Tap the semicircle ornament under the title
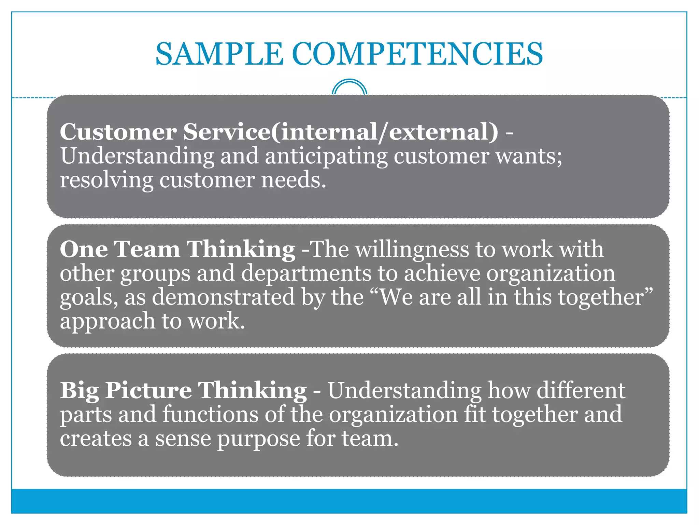coord(349,87)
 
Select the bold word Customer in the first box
coord(118,132)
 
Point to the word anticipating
coord(326,157)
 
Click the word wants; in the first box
coord(529,157)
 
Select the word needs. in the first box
coord(294,180)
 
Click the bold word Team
coord(147,249)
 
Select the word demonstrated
coord(223,297)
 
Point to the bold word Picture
coord(148,390)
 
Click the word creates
coord(96,439)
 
